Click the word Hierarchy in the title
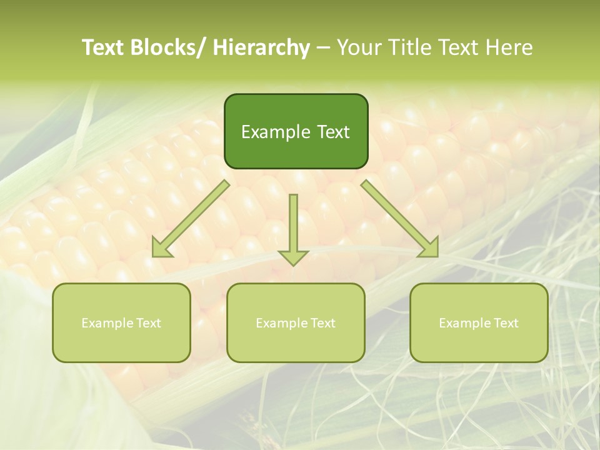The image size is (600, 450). coord(261,47)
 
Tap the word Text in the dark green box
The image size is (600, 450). coord(331,132)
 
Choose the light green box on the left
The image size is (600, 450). coord(121,323)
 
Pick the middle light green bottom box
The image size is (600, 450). coord(296,323)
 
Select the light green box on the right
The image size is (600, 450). coord(479,323)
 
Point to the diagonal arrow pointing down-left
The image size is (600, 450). coord(190,219)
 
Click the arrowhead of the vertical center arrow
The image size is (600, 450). coord(294,257)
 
